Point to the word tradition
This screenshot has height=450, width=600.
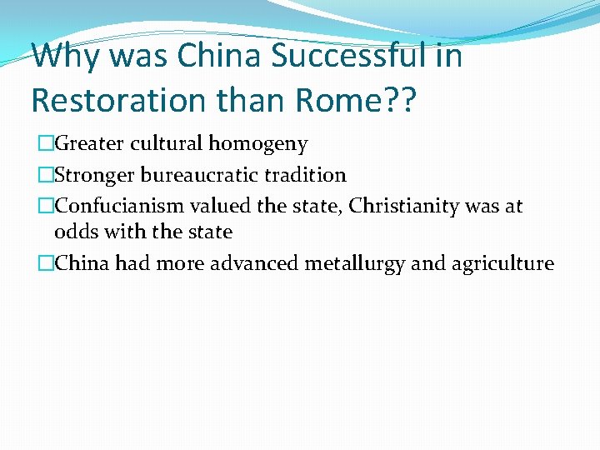[x=305, y=175]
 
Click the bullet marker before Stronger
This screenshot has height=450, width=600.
[x=45, y=175]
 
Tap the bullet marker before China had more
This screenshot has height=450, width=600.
[x=45, y=264]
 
